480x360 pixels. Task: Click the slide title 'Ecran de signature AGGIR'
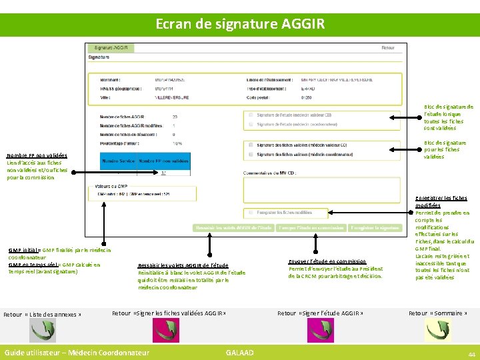click(x=240, y=24)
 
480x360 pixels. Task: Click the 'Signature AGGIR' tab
click(x=111, y=48)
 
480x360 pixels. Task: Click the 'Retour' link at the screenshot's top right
click(x=388, y=48)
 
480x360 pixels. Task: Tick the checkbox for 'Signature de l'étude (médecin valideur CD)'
click(x=249, y=115)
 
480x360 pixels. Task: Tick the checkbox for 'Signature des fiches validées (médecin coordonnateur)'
click(x=249, y=155)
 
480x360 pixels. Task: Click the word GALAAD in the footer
click(x=239, y=352)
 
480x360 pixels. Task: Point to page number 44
click(x=471, y=353)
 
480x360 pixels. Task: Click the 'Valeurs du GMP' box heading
click(x=111, y=186)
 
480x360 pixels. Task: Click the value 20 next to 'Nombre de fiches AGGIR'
click(x=175, y=117)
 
